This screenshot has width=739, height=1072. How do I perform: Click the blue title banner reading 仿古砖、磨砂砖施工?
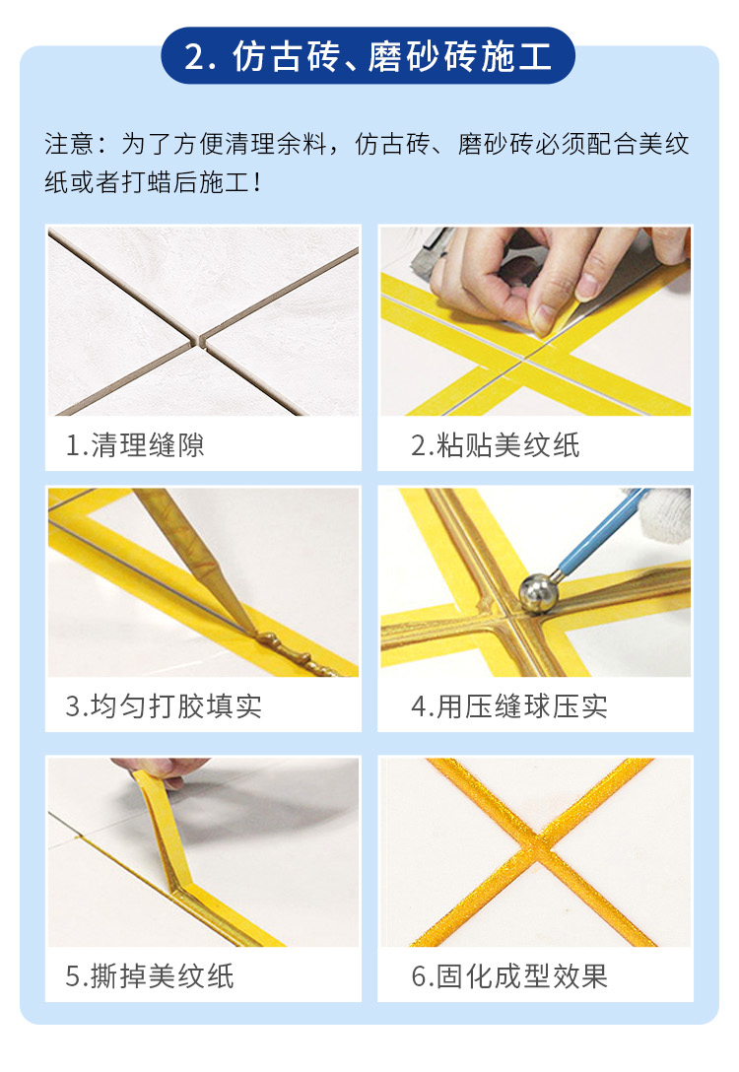[x=368, y=55]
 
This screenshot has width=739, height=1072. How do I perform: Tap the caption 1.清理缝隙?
[x=135, y=445]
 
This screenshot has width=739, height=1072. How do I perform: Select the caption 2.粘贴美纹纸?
[x=495, y=445]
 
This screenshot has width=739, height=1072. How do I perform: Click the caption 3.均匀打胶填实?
[x=164, y=706]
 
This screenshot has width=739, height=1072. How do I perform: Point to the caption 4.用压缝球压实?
[x=509, y=706]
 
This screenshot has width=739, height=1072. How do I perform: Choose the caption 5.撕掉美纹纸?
[x=150, y=976]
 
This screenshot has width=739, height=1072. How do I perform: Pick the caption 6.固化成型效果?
[x=509, y=976]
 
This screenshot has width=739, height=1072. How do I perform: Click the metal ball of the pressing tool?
[x=538, y=593]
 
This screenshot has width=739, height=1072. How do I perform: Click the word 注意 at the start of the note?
[x=69, y=144]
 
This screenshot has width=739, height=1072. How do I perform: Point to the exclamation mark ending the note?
[x=257, y=182]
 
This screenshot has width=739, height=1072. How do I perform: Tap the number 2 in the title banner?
[x=194, y=57]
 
